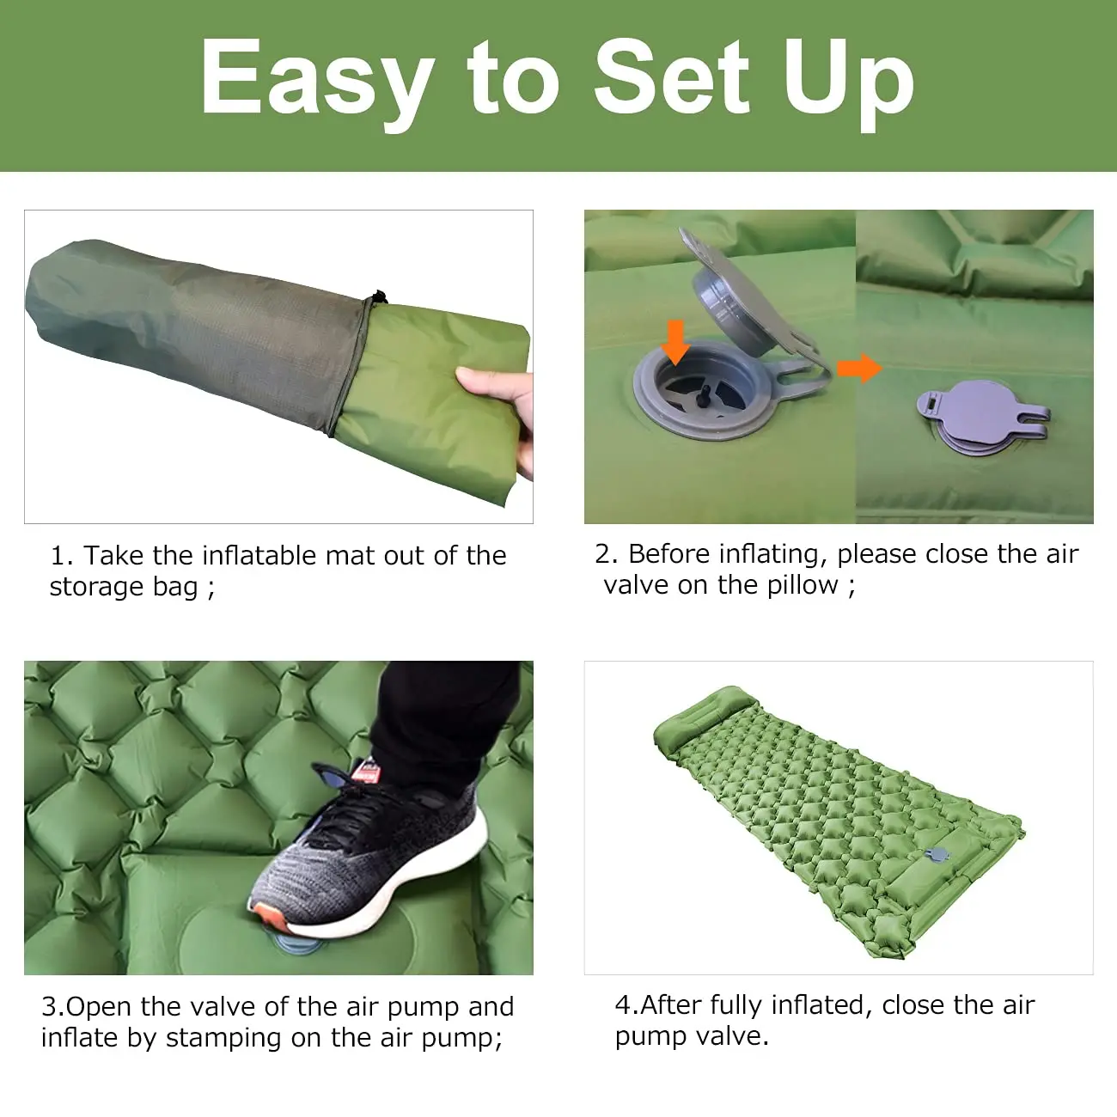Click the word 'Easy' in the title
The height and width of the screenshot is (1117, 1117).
click(x=315, y=79)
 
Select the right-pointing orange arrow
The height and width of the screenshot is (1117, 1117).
click(x=859, y=369)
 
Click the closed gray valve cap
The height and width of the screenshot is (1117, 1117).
click(x=980, y=417)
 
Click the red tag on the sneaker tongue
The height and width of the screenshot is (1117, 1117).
click(x=366, y=772)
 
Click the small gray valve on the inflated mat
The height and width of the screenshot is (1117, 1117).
click(x=937, y=855)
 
